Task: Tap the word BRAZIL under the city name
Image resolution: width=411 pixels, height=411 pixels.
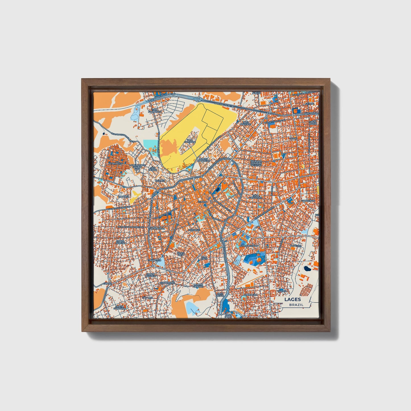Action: point(296,305)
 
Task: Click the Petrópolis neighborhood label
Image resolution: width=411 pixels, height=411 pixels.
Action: point(115,164)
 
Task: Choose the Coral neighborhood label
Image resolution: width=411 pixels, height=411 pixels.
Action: point(293,138)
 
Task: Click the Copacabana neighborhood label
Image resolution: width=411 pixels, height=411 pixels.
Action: point(157,228)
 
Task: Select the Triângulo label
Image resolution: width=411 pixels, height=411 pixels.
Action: point(155,260)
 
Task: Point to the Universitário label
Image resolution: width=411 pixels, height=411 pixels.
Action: point(249,245)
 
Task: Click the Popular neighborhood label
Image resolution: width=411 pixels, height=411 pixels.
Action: point(295,245)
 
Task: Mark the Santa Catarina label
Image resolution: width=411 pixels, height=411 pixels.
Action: point(119,307)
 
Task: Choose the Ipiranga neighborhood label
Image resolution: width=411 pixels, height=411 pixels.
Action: point(124,196)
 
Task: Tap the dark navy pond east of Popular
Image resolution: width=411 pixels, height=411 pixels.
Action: point(307,268)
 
